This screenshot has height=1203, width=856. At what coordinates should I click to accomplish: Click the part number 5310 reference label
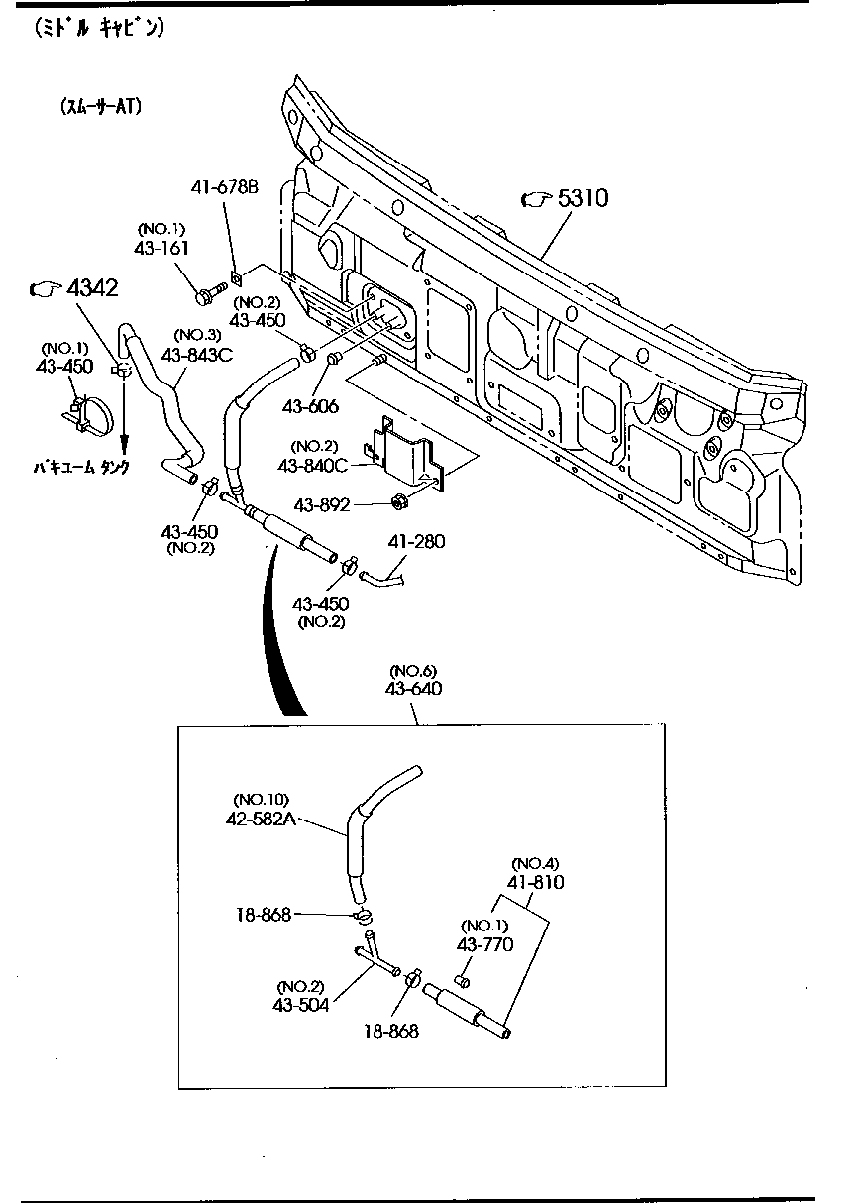coord(582,199)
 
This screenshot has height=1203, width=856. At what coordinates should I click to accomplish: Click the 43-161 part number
coord(161,248)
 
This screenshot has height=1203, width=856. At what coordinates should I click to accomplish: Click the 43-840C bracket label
coord(314,464)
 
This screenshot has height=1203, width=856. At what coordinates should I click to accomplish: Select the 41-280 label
coord(416,541)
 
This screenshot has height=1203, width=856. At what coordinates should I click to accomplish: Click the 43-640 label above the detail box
coord(415,688)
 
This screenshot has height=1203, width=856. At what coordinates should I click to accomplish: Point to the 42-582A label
coord(262,819)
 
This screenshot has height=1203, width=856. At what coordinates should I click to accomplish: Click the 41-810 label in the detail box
coord(536,881)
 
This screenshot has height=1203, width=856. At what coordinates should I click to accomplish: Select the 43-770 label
coord(484,944)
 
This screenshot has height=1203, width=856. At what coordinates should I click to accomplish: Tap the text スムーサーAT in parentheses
coord(101,106)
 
